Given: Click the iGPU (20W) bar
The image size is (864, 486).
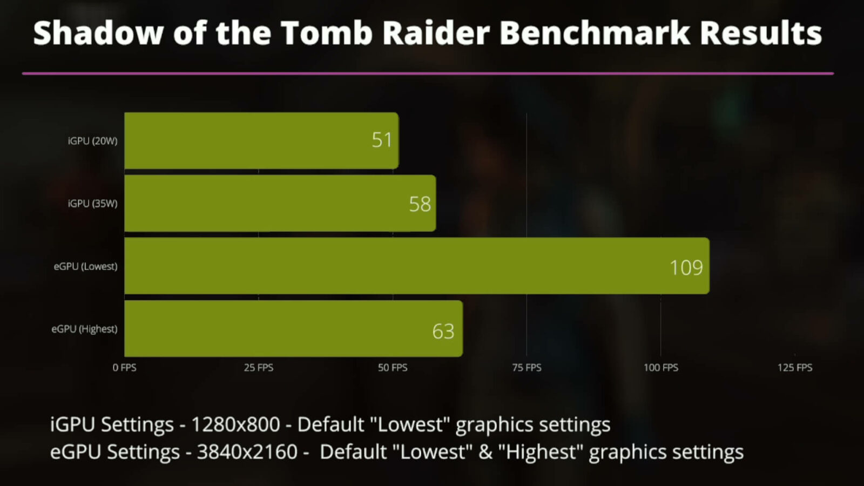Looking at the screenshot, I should coord(261,140).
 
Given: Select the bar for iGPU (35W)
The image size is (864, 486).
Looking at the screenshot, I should coord(280,204).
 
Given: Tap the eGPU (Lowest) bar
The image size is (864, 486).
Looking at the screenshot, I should coord(417,266).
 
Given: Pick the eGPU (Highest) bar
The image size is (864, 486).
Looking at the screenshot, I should coord(293,329).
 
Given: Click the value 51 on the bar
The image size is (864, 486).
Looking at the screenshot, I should coord(382,140).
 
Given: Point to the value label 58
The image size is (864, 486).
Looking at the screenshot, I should coord(420,204).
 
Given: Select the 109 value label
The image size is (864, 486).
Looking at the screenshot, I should coord(686,268).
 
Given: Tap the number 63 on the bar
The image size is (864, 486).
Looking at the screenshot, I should coord(443,331).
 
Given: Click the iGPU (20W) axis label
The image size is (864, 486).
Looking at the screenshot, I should coord(92,141).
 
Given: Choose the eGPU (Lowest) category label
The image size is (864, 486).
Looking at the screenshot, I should coord(85,266).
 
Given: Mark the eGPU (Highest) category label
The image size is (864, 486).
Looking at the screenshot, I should coord(84,329).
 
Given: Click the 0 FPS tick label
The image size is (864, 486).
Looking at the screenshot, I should coord(124,368).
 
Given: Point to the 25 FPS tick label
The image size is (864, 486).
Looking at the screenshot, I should coord(258,368).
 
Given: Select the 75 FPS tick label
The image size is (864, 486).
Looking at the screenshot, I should coord(526,368).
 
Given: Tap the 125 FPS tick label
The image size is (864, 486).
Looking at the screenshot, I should coord(794,368).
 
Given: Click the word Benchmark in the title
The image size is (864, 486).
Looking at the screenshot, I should coord(594,33).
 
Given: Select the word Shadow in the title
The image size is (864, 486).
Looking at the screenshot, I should coord(98,33).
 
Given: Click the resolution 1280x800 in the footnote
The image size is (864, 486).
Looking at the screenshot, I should coord(235,425).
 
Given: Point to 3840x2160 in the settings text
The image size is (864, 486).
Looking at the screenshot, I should coord(247,452).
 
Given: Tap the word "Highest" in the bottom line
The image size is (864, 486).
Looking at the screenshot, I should coord(540,452).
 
